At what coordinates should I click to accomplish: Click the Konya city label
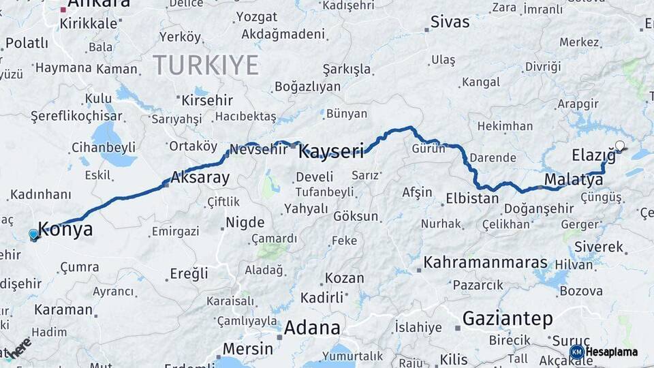click(x=65, y=229)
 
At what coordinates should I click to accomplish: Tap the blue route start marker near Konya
click(x=33, y=235)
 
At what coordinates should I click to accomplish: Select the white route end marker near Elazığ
click(x=619, y=145)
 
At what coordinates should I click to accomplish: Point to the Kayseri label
click(x=331, y=151)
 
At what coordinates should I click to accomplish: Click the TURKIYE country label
click(x=205, y=65)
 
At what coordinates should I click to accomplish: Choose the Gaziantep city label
click(x=507, y=318)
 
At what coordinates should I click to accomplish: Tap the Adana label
click(x=312, y=328)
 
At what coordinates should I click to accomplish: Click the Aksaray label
click(x=200, y=179)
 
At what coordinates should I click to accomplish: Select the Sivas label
click(x=450, y=22)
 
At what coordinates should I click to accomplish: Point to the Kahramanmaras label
click(x=485, y=262)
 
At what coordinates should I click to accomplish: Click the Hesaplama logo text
click(x=612, y=352)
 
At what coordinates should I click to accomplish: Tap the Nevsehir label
click(x=259, y=149)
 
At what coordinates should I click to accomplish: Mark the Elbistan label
click(x=472, y=200)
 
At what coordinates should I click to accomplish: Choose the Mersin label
click(x=248, y=349)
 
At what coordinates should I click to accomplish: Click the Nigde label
click(x=245, y=222)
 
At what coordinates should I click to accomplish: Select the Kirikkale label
click(x=89, y=23)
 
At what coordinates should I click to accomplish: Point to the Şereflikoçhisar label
click(x=76, y=116)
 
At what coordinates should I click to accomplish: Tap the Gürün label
click(x=428, y=149)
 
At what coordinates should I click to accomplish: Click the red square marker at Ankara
click(x=63, y=10)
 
